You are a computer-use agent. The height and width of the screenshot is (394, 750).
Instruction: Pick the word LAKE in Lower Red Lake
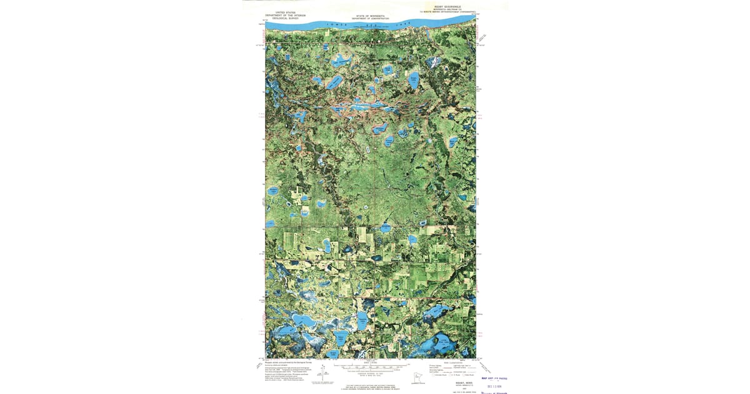point(400,25)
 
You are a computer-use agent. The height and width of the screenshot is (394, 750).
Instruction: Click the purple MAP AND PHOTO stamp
point(494,378)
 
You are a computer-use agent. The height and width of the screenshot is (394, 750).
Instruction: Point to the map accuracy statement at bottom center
point(370,385)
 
